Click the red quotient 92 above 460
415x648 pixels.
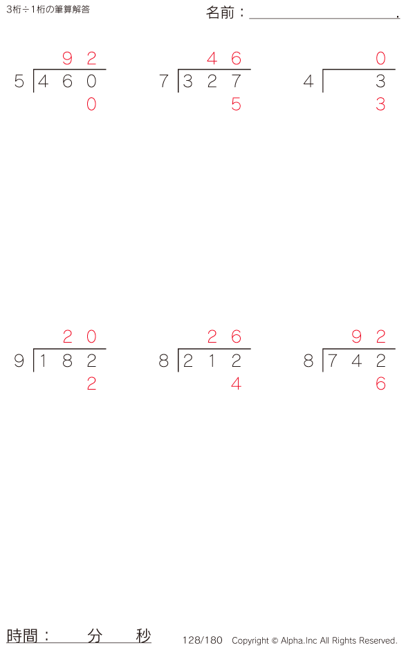click(79, 58)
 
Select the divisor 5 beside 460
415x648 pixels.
click(19, 82)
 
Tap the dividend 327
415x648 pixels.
click(212, 82)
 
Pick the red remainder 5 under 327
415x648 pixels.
click(236, 105)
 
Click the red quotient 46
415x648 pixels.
click(224, 58)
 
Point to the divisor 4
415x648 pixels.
click(308, 82)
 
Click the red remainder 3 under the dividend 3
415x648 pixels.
click(380, 105)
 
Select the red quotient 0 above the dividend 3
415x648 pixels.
click(380, 58)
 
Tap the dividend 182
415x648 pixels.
click(68, 361)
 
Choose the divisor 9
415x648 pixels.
click(19, 361)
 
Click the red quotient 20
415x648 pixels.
click(79, 337)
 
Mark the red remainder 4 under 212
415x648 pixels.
click(236, 384)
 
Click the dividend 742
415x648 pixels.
click(357, 361)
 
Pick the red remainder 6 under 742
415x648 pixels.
click(380, 384)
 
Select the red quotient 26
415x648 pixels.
click(224, 337)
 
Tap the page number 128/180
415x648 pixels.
click(202, 640)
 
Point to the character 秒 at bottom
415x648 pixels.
click(143, 636)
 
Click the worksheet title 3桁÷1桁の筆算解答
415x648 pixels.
click(48, 10)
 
